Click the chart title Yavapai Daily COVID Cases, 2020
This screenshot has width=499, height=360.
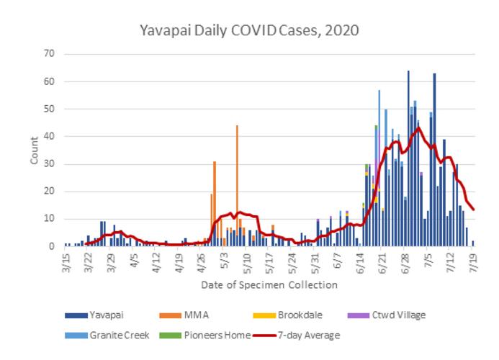coord(249,31)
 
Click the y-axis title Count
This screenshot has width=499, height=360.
coord(35,150)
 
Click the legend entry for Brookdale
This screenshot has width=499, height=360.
coord(297,315)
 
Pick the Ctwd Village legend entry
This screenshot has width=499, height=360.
coord(398,315)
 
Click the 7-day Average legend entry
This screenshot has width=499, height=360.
coord(310,335)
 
